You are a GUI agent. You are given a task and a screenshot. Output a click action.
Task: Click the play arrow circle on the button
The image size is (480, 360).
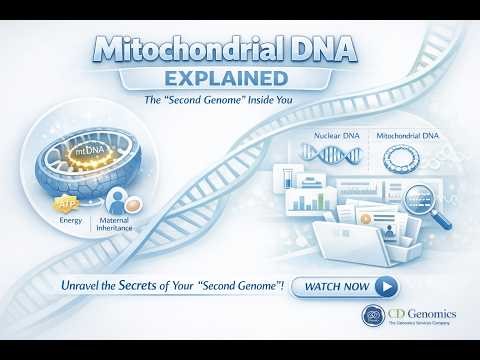(386, 287)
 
